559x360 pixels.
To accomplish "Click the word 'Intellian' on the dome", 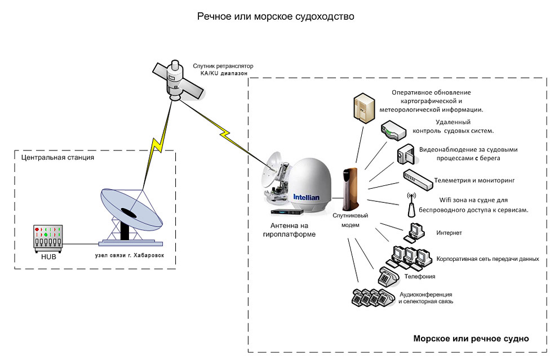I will (x=306, y=197).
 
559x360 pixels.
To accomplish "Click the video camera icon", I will (x=406, y=154).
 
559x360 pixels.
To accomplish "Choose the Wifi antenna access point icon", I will (x=411, y=206).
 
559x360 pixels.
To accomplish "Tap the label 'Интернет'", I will (x=449, y=232).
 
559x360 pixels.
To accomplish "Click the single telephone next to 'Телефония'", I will (x=387, y=277).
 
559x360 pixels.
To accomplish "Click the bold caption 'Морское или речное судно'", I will (x=471, y=339).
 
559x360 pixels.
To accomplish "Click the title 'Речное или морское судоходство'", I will (x=276, y=17).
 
